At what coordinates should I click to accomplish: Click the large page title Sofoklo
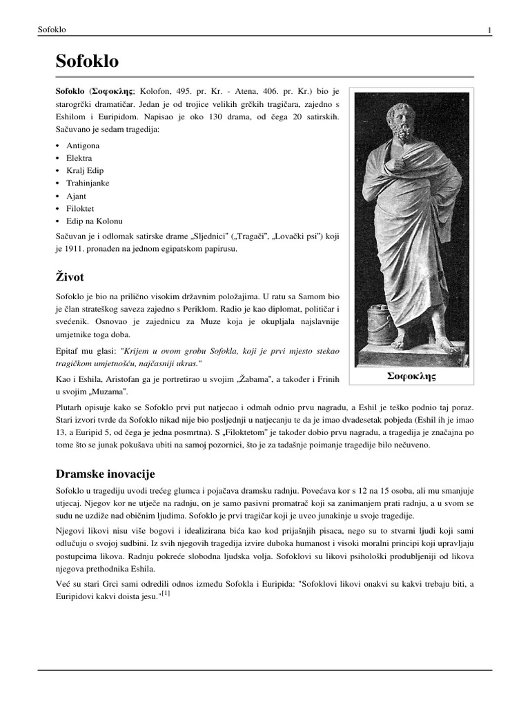point(87,61)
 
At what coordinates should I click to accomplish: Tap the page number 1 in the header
point(489,30)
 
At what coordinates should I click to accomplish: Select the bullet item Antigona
point(83,146)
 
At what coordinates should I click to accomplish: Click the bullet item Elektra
point(79,159)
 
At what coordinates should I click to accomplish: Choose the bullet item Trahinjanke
point(88,183)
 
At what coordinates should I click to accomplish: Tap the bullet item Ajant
point(77,196)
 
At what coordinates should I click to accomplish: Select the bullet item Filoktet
point(80,208)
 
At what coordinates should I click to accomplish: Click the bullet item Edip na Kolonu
point(94,221)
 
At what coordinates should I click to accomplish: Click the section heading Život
point(70,276)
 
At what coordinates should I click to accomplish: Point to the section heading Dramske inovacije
point(105,474)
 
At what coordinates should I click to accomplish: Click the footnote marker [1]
point(165,593)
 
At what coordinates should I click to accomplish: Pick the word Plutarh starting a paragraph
point(70,407)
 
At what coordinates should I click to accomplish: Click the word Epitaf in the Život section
point(68,351)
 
